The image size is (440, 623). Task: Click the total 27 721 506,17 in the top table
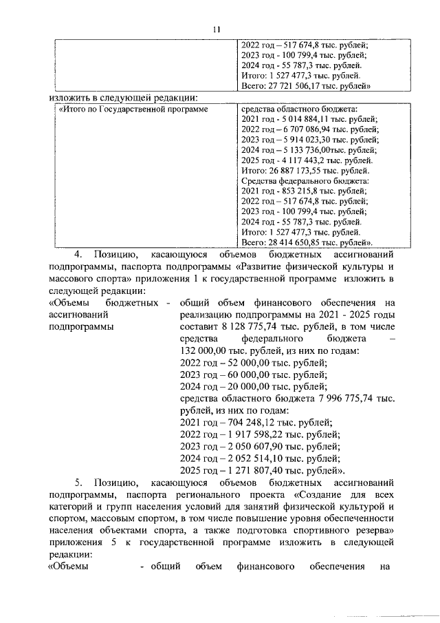click(x=296, y=86)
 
